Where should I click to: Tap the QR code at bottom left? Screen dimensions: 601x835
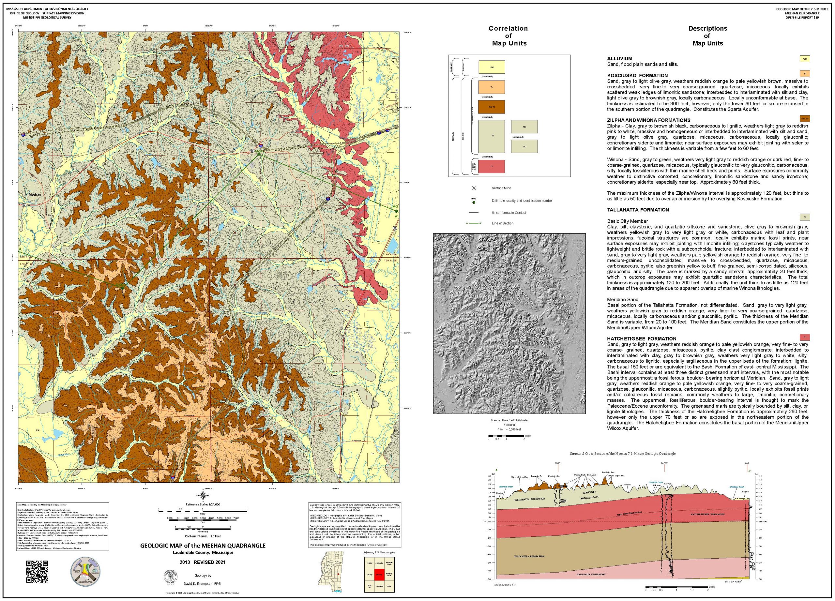click(x=37, y=572)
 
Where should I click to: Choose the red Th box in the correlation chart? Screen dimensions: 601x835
click(x=492, y=166)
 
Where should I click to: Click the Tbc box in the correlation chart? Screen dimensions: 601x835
click(x=524, y=127)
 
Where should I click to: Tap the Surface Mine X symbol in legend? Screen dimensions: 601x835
click(x=474, y=188)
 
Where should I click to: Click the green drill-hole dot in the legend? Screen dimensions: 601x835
click(x=474, y=203)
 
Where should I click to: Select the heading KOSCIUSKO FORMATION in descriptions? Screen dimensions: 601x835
click(x=637, y=75)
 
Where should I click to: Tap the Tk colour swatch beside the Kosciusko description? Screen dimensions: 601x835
click(x=805, y=73)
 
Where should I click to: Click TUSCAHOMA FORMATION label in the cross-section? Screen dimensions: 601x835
click(x=529, y=556)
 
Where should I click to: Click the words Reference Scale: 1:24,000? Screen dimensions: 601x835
click(x=203, y=504)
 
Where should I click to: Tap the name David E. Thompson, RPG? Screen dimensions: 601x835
click(x=202, y=584)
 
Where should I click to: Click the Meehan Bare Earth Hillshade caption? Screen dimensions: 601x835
click(x=509, y=420)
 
